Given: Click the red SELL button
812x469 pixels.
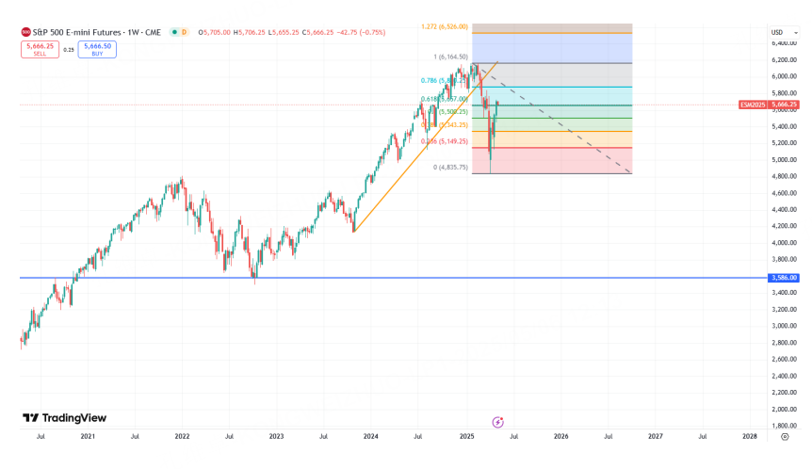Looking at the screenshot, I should coord(39,49).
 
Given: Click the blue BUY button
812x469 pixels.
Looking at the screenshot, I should coord(98,49).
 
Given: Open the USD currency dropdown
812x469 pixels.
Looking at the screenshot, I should coord(777,32).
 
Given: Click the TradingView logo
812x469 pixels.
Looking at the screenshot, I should coord(65,418).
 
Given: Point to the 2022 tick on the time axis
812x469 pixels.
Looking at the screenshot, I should coord(182,437).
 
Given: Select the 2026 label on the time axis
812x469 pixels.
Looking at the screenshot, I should coord(560,437).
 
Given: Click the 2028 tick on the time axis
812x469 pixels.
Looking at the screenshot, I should coord(750,437).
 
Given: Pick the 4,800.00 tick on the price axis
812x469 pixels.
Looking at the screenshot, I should coord(784,176).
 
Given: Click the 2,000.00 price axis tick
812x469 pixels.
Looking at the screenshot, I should coord(784,410).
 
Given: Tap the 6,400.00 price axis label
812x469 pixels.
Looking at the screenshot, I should coord(784,43).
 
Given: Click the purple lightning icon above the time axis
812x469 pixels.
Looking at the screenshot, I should coord(497,423).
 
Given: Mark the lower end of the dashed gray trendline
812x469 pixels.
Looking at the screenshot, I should coord(630,173).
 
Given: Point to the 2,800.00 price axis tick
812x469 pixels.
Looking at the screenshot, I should coord(784,343).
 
